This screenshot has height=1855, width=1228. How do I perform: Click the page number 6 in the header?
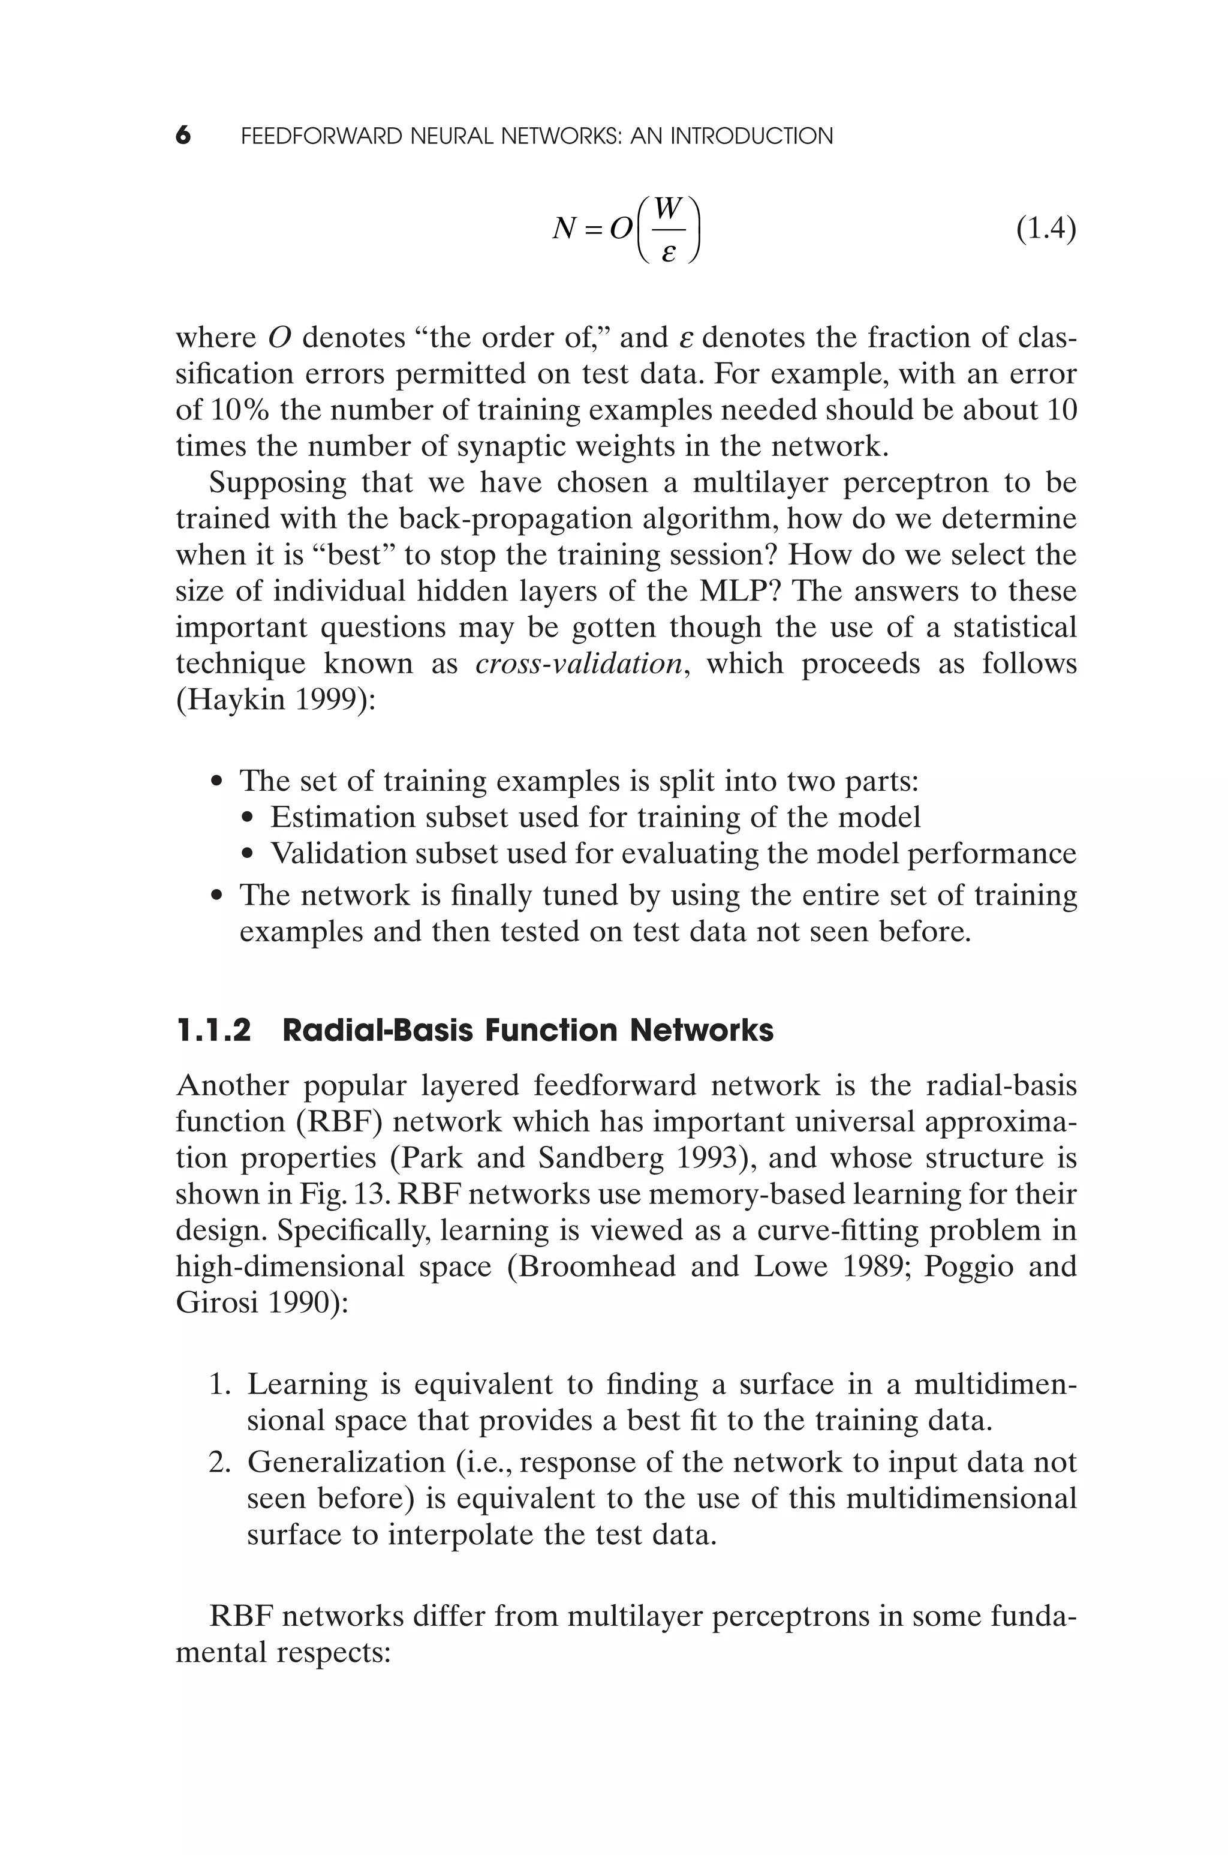[x=182, y=136]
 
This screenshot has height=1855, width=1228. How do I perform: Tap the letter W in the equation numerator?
[x=668, y=208]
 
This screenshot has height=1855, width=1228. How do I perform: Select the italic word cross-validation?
[x=579, y=664]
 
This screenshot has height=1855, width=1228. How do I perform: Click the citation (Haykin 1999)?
[x=276, y=700]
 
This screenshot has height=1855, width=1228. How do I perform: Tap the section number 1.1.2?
[x=214, y=1030]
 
